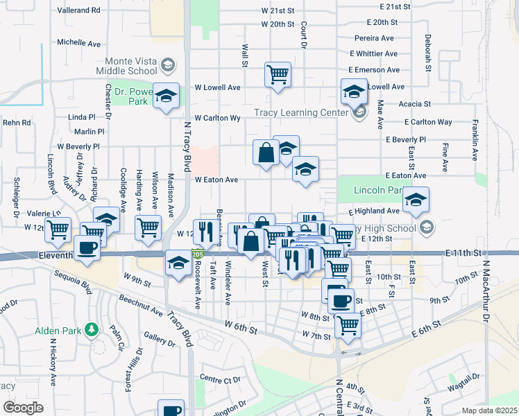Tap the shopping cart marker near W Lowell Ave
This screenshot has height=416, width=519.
pyautogui.click(x=278, y=73)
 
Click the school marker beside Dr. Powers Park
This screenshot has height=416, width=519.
pyautogui.click(x=166, y=96)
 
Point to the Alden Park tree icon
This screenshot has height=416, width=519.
pyautogui.click(x=90, y=328)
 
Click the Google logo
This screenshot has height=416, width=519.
pyautogui.click(x=22, y=407)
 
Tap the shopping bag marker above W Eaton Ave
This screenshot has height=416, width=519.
pyautogui.click(x=266, y=153)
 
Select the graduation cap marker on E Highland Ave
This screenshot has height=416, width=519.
pyautogui.click(x=415, y=200)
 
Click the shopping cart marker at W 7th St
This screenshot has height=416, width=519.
pyautogui.click(x=348, y=324)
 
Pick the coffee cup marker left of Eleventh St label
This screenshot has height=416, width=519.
pyautogui.click(x=87, y=248)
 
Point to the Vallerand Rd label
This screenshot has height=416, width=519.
pyautogui.click(x=78, y=10)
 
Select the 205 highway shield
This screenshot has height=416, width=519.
pyautogui.click(x=198, y=254)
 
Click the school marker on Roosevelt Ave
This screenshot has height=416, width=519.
pyautogui.click(x=178, y=263)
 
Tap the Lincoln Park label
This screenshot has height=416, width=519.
pyautogui.click(x=378, y=190)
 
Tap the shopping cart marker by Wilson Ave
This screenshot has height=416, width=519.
pyautogui.click(x=148, y=227)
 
